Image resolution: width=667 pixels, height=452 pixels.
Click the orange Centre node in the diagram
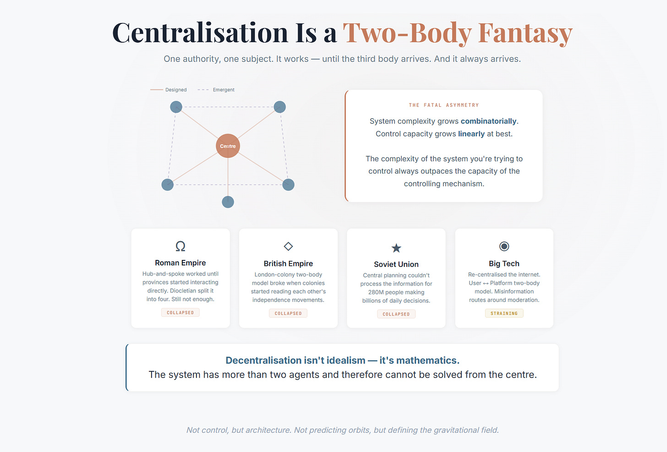[228, 146]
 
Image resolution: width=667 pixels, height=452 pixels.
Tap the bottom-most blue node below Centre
[228, 202]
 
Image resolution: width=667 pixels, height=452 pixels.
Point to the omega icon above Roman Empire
[180, 246]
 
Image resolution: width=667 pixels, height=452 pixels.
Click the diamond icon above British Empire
[288, 246]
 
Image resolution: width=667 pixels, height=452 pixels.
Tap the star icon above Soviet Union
[396, 248]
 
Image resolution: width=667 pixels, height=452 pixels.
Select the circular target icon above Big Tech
[504, 246]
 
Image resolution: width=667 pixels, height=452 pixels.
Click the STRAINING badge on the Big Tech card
[504, 314]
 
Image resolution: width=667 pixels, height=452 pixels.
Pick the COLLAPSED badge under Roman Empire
[180, 313]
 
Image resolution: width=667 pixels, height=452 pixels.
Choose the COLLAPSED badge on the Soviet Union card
[396, 314]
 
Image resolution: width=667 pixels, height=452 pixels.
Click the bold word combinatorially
[488, 121]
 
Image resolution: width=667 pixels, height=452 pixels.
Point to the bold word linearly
[471, 134]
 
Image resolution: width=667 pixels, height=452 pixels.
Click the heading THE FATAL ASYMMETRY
[443, 105]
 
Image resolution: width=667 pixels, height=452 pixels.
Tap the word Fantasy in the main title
[525, 33]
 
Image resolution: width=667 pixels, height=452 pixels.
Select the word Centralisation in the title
[200, 33]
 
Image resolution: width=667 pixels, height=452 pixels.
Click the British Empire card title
[288, 264]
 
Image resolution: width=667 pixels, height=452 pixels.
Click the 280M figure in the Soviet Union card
[376, 292]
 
